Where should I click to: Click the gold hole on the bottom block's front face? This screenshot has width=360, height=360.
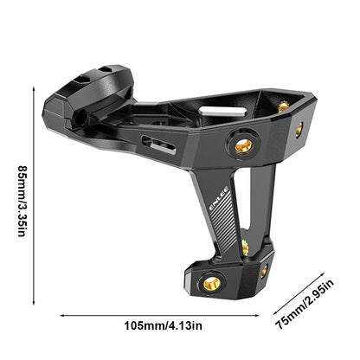point(210,281)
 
